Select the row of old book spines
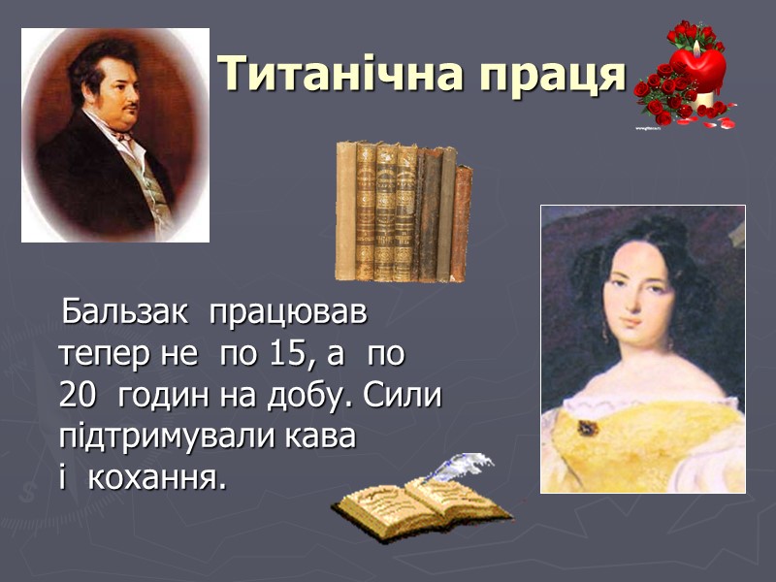pos(404,211)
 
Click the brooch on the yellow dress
pos(586,427)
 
